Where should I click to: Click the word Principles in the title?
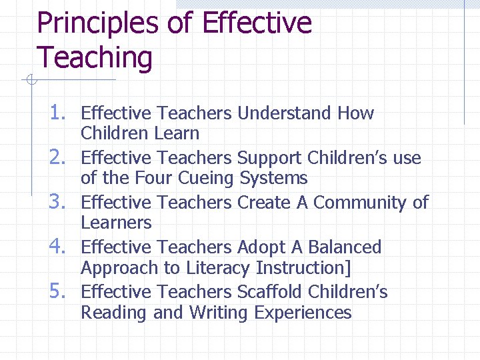pyautogui.click(x=98, y=24)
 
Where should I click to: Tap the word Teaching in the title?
pyautogui.click(x=95, y=57)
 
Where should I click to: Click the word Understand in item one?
pyautogui.click(x=285, y=113)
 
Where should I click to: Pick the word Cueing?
pyautogui.click(x=206, y=179)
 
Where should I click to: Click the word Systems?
pyautogui.click(x=273, y=179)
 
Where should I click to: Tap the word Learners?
pyautogui.click(x=116, y=223)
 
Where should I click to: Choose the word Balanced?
pyautogui.click(x=344, y=247)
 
